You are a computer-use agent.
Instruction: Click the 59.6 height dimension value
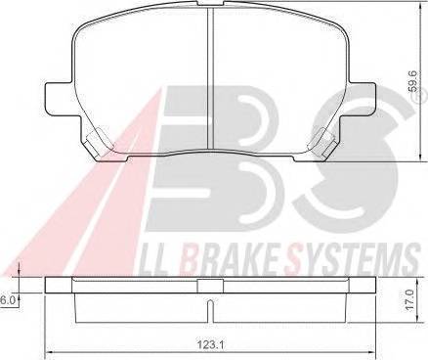coord(413,83)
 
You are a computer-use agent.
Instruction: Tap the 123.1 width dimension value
coord(210,344)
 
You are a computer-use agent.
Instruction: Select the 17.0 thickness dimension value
coord(410,299)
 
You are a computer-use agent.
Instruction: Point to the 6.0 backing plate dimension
coord(6,300)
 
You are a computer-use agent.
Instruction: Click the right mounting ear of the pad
coord(362,99)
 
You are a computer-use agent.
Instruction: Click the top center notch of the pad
coord(210,3)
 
